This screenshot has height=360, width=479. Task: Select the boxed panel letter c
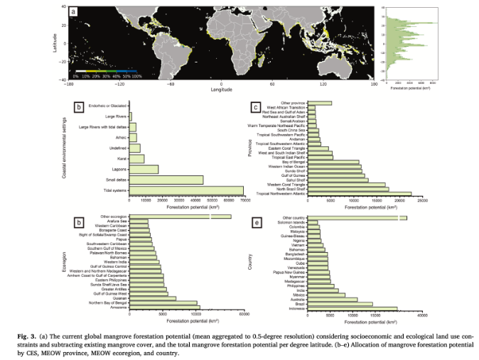click(255, 107)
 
